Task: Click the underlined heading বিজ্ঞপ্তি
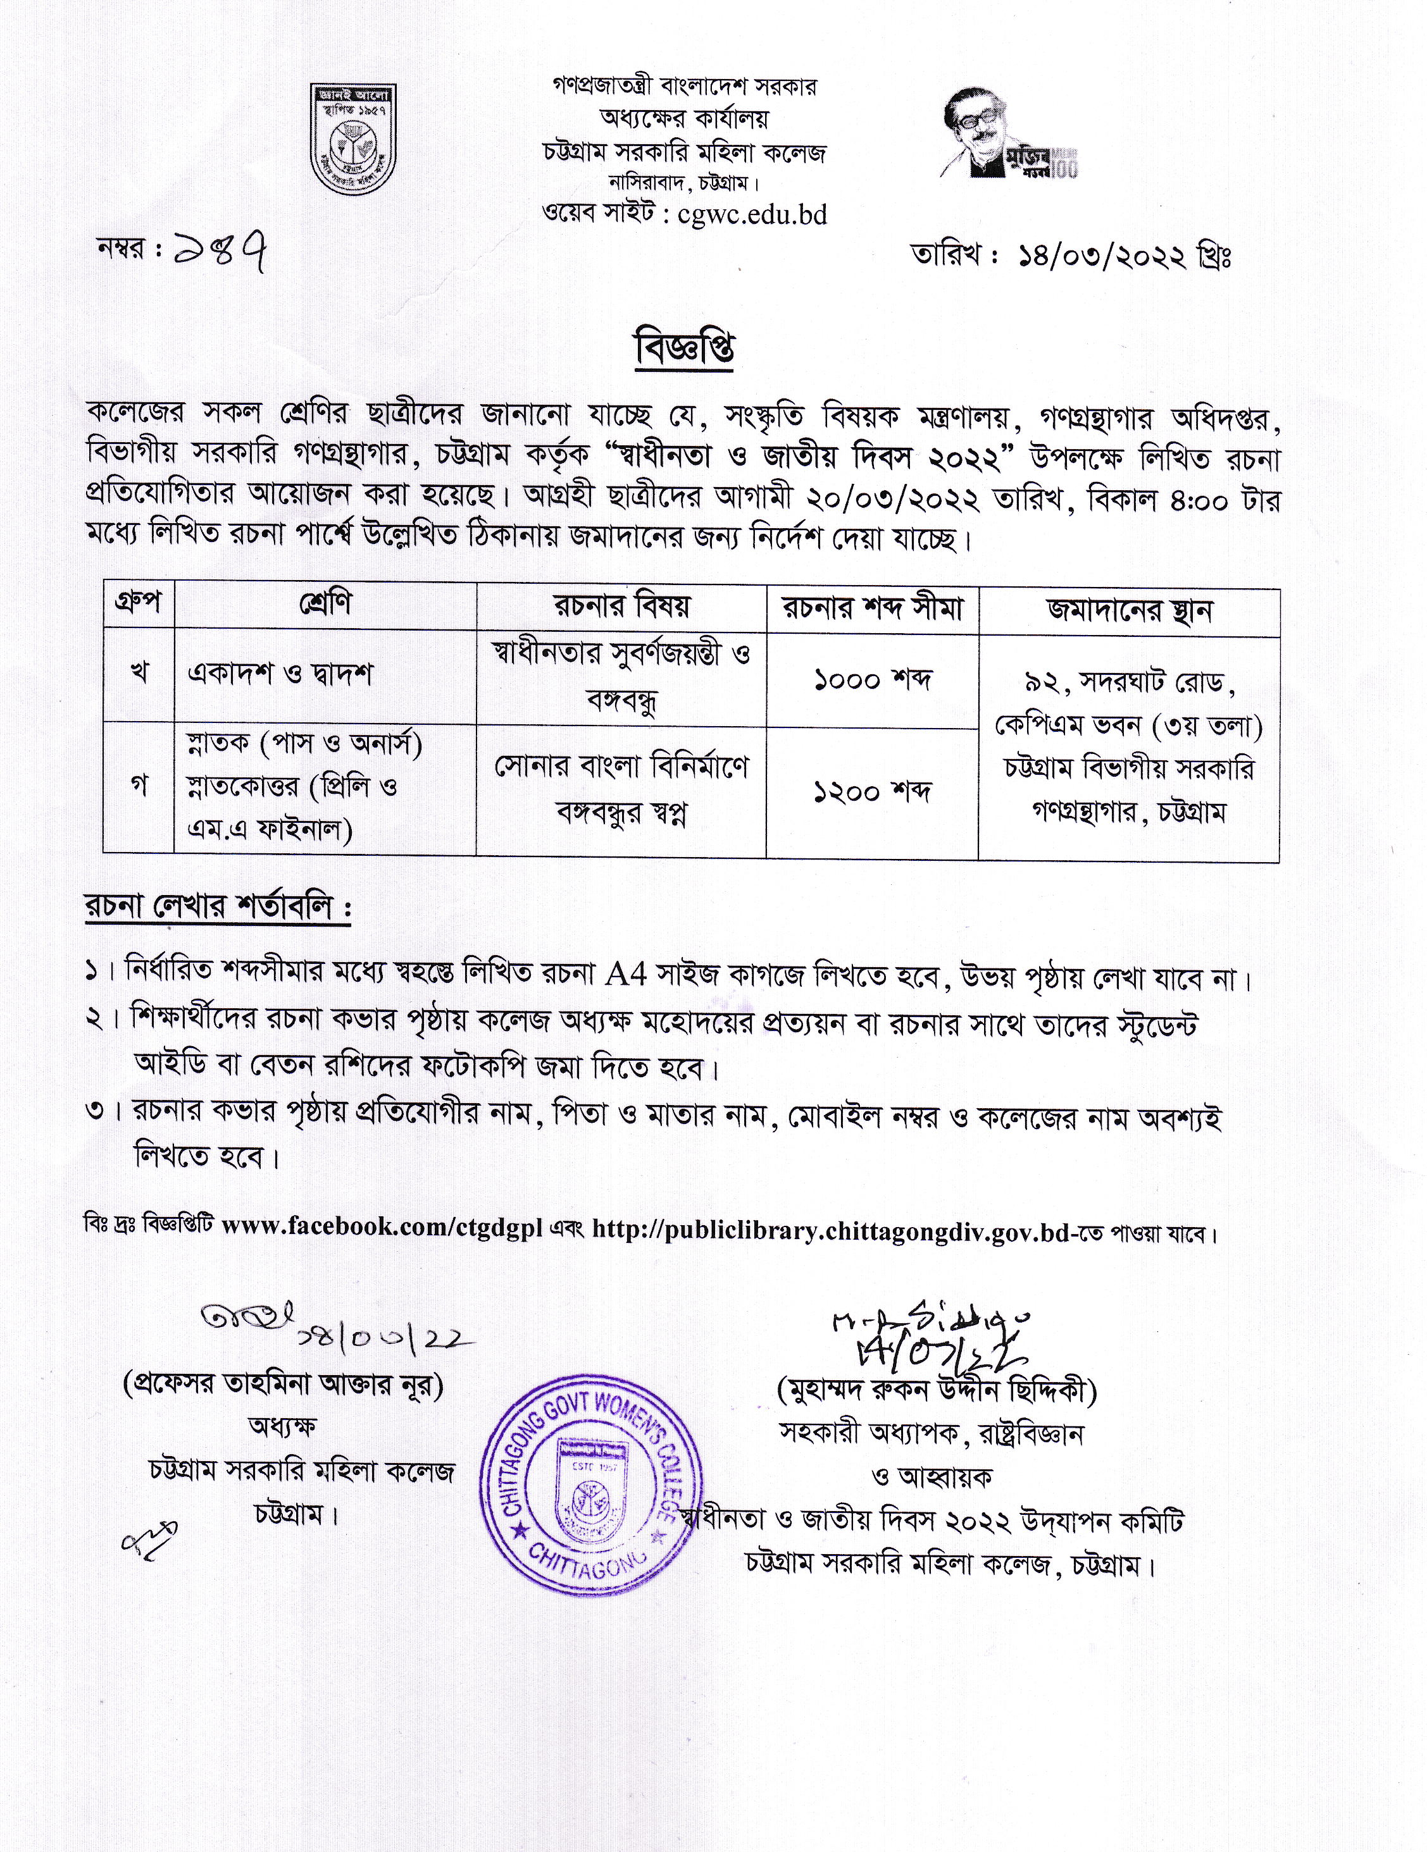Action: pos(685,349)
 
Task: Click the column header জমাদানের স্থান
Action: pos(1128,610)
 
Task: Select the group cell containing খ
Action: pos(139,674)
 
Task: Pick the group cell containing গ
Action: pos(139,786)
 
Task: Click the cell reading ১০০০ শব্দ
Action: pos(872,679)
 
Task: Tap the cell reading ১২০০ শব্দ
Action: pos(872,791)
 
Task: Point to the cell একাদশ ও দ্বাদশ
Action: pos(280,674)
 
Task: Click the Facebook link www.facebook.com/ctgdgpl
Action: pos(382,1226)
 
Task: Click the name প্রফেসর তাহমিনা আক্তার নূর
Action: pos(284,1385)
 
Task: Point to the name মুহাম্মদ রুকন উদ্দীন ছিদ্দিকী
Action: pos(937,1391)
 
